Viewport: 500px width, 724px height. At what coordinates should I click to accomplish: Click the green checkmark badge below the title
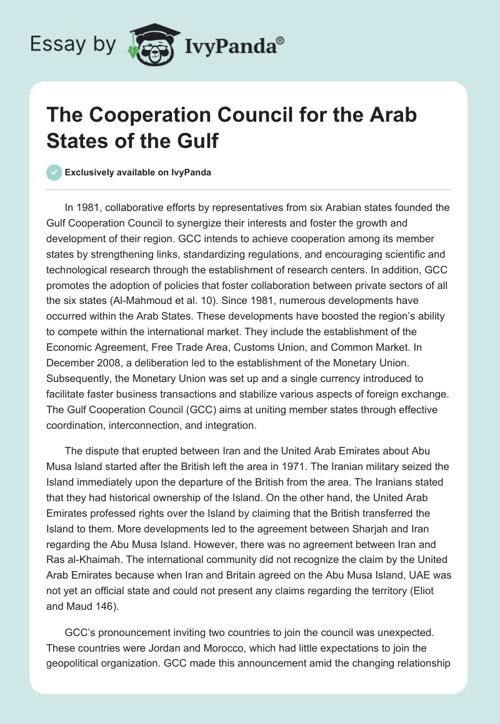[54, 172]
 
